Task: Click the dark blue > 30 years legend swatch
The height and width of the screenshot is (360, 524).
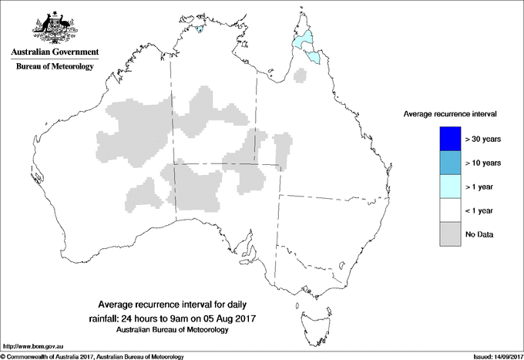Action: coord(448,139)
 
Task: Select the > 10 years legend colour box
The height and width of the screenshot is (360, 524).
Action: coord(448,163)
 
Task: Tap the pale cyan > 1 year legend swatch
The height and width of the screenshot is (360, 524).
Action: coord(448,187)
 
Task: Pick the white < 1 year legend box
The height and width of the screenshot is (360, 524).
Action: coord(448,210)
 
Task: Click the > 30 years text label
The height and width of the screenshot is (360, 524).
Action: coord(483,139)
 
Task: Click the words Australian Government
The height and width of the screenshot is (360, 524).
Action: coord(54,52)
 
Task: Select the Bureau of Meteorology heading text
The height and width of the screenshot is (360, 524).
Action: coord(54,67)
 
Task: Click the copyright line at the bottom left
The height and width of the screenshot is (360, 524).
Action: coord(92,355)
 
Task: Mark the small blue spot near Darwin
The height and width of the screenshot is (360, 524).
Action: coord(200,31)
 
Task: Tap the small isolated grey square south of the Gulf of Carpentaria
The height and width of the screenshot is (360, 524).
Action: coord(302,75)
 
